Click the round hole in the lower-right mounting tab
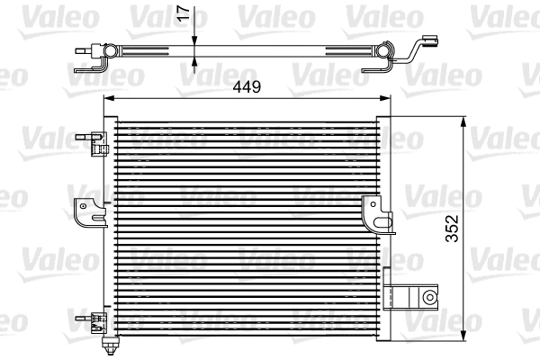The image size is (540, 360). tap(429, 296)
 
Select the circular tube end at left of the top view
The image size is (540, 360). tap(106, 54)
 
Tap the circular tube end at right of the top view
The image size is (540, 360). tap(388, 55)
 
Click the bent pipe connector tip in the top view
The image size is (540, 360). tap(430, 40)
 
